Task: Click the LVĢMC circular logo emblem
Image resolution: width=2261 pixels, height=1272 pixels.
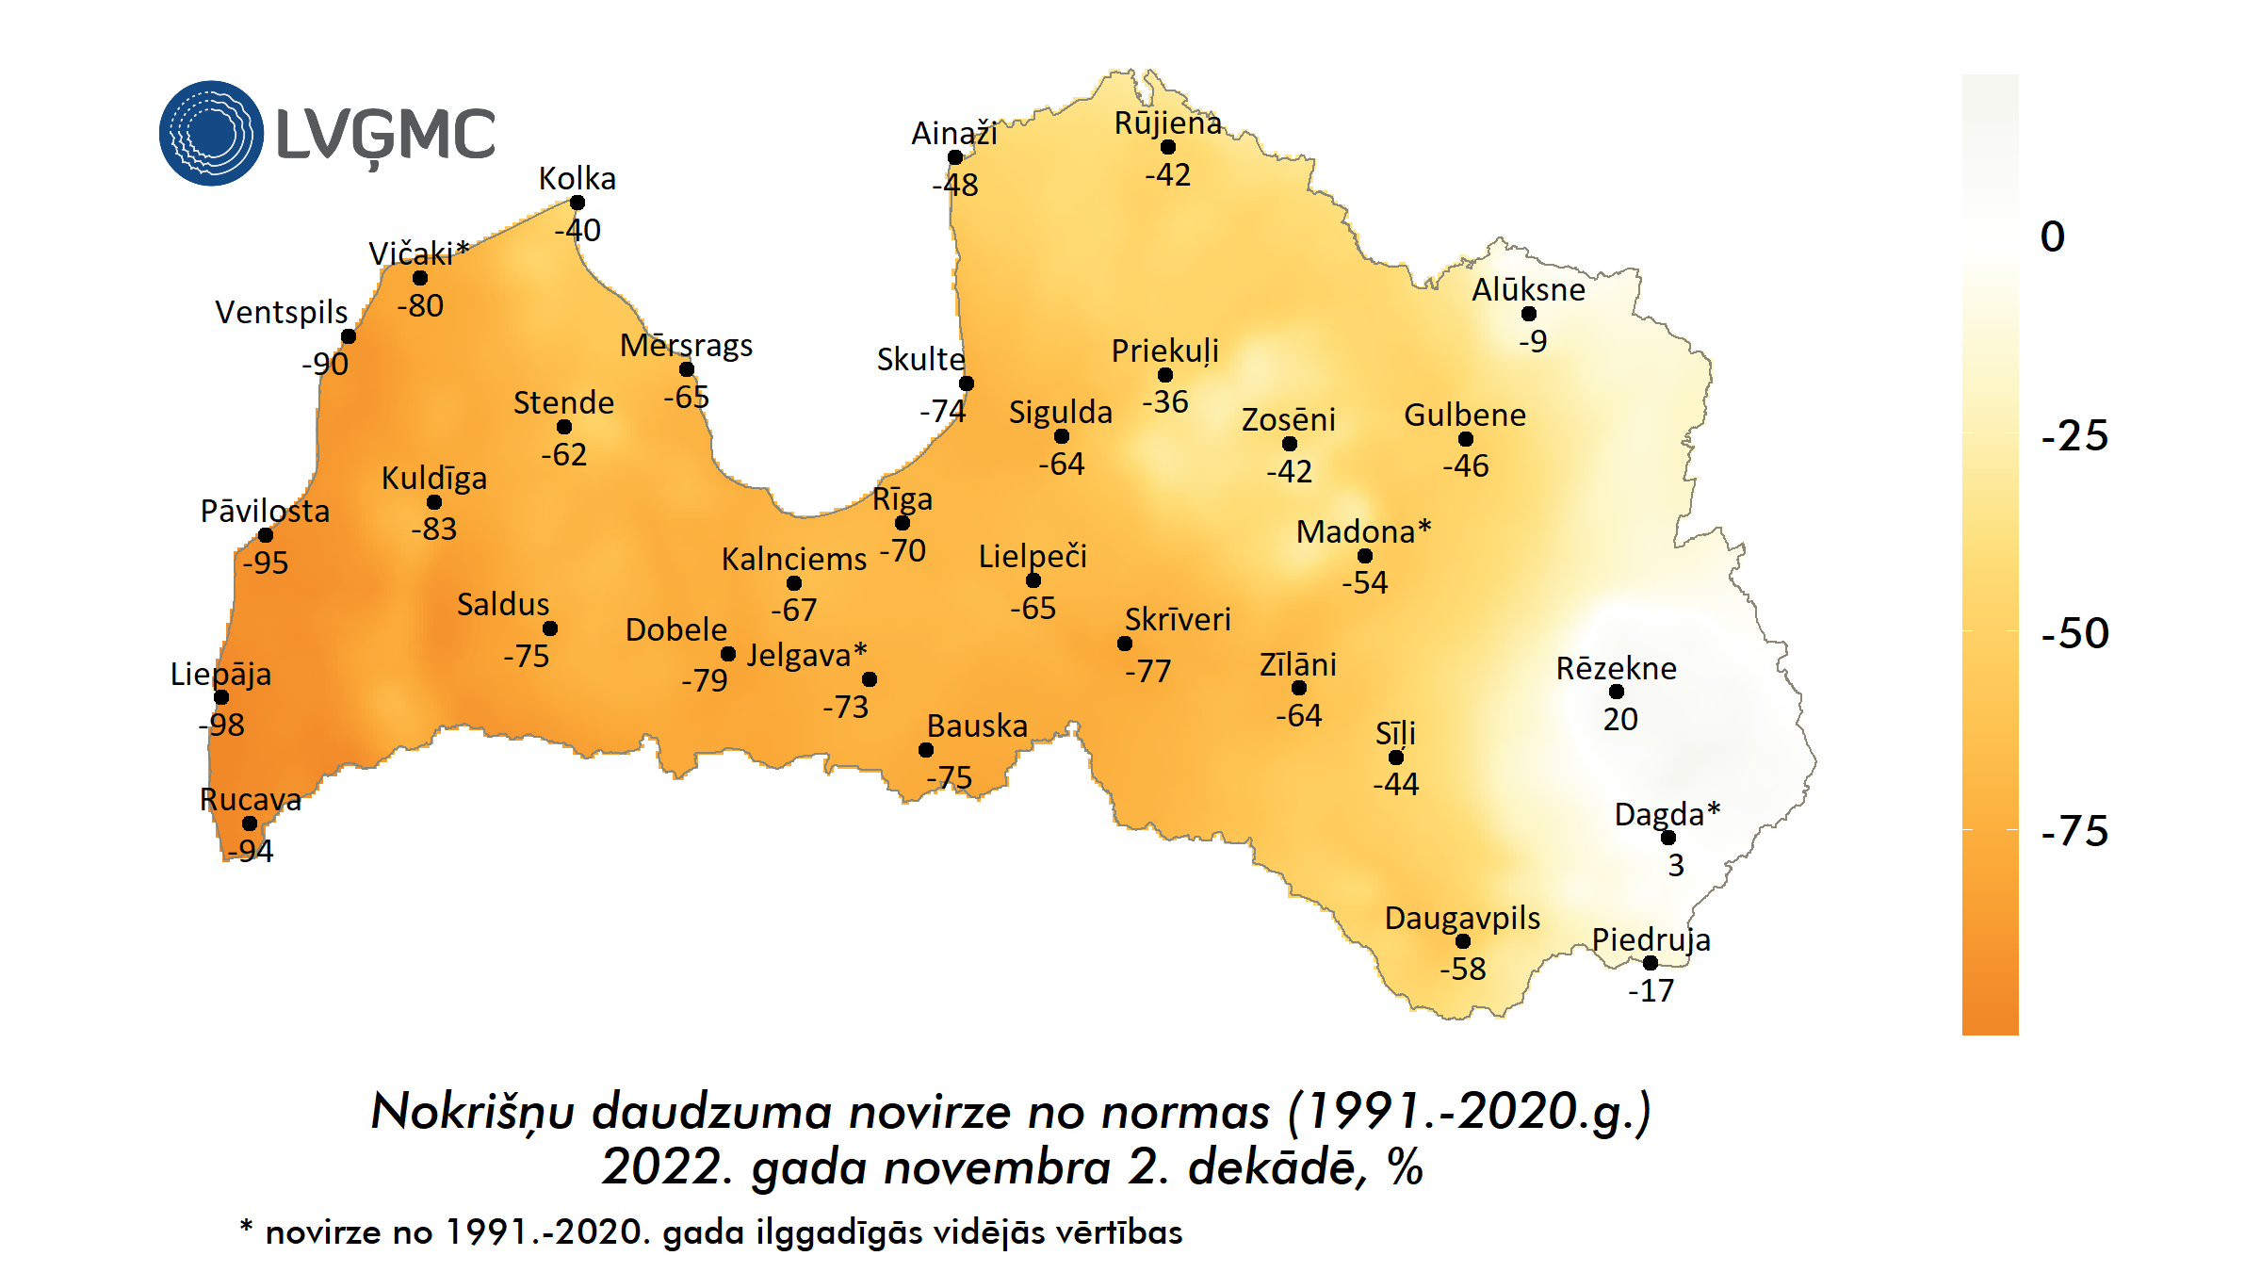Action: coord(211,133)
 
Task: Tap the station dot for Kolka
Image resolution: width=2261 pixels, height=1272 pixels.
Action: coord(577,203)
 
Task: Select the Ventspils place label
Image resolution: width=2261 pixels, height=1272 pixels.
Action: coord(281,312)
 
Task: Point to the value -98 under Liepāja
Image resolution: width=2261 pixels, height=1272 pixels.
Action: coord(221,725)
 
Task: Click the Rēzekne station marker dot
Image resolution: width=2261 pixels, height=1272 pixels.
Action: coord(1617,692)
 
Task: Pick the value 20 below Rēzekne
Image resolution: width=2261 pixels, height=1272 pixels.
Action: coord(1620,719)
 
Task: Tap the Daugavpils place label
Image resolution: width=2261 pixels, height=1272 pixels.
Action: coord(1462,918)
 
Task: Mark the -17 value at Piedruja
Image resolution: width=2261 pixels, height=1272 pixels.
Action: coord(1651,990)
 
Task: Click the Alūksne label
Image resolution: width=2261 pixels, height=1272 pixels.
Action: coord(1528,289)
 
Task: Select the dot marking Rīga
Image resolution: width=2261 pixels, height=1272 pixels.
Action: coord(903,523)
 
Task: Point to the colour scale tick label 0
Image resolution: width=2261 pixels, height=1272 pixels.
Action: coord(2053,236)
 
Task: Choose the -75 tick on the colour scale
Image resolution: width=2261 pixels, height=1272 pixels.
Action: coord(2074,831)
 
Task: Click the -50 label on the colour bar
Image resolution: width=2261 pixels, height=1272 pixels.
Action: coord(2074,633)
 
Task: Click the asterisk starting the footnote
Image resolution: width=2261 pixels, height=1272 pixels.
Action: coord(247,1227)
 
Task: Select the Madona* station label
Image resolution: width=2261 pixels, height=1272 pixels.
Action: coord(1363,531)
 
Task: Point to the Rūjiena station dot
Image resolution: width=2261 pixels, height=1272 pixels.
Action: coord(1168,147)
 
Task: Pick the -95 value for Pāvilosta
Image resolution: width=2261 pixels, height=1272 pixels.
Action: coord(265,563)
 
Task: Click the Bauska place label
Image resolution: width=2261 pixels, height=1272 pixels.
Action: coord(977,726)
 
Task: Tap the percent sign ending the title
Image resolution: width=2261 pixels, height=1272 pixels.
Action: coord(1405,1168)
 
